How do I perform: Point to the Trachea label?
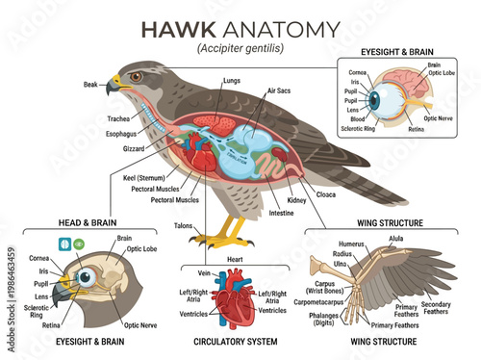[x=119, y=119]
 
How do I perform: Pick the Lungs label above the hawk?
[x=231, y=81]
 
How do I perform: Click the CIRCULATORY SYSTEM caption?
[x=235, y=342]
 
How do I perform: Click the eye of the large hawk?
[x=137, y=76]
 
